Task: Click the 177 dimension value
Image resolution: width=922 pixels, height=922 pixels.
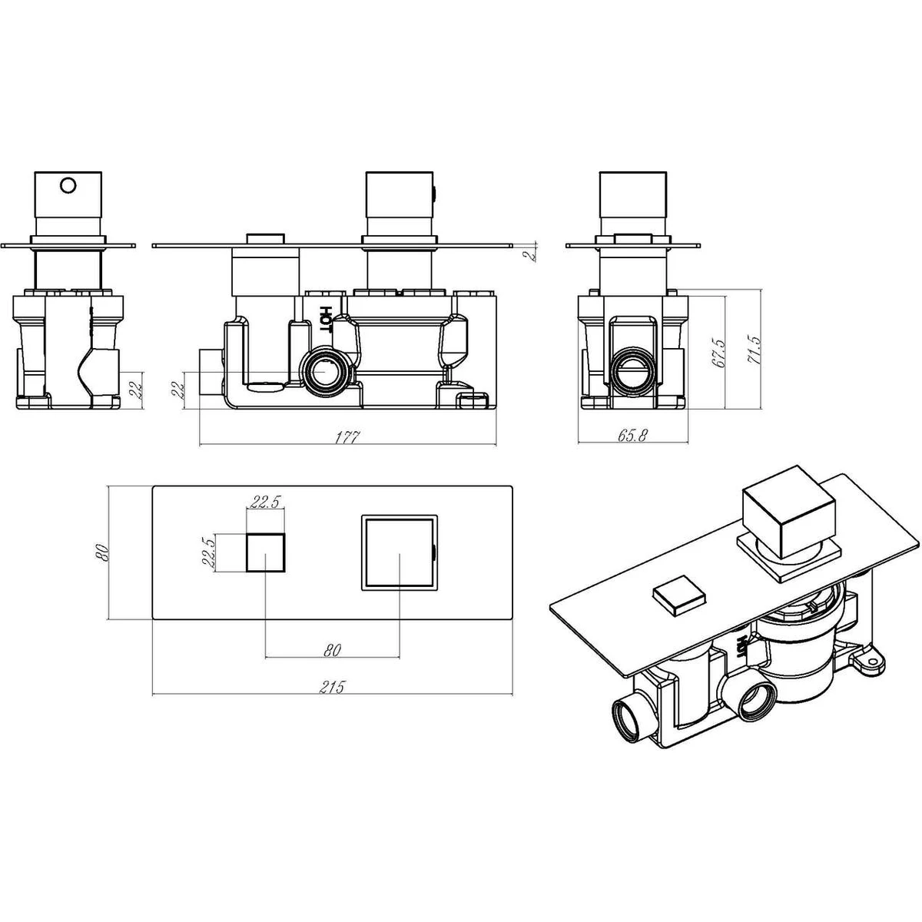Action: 347,437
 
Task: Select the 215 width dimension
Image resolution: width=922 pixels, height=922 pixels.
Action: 332,687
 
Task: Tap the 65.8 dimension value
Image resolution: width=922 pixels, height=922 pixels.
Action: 632,436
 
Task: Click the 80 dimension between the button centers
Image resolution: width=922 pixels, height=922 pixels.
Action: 332,650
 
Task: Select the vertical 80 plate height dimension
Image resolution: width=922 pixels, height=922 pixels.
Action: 104,552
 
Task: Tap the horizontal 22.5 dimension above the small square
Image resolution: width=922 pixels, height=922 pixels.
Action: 266,502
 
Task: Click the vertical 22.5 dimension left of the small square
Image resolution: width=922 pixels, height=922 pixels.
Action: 210,552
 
